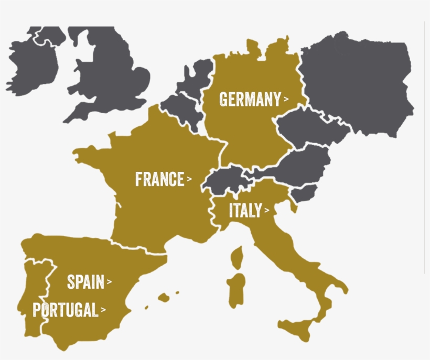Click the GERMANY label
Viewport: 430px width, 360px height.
click(250, 99)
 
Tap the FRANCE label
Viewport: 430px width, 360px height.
click(159, 179)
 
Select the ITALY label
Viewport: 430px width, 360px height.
click(245, 211)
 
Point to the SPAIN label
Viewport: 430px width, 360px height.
click(85, 282)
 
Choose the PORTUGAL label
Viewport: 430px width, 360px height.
click(65, 310)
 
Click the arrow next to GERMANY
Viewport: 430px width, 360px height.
click(286, 99)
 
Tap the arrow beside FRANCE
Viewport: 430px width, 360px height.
click(189, 179)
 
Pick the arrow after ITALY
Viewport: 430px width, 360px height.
click(267, 211)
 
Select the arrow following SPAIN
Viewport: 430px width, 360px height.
click(109, 282)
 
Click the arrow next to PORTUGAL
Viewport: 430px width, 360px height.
click(103, 310)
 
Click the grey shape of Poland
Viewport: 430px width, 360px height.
click(357, 79)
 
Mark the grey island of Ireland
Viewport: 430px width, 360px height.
click(31, 60)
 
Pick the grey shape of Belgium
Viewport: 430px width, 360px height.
click(181, 107)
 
